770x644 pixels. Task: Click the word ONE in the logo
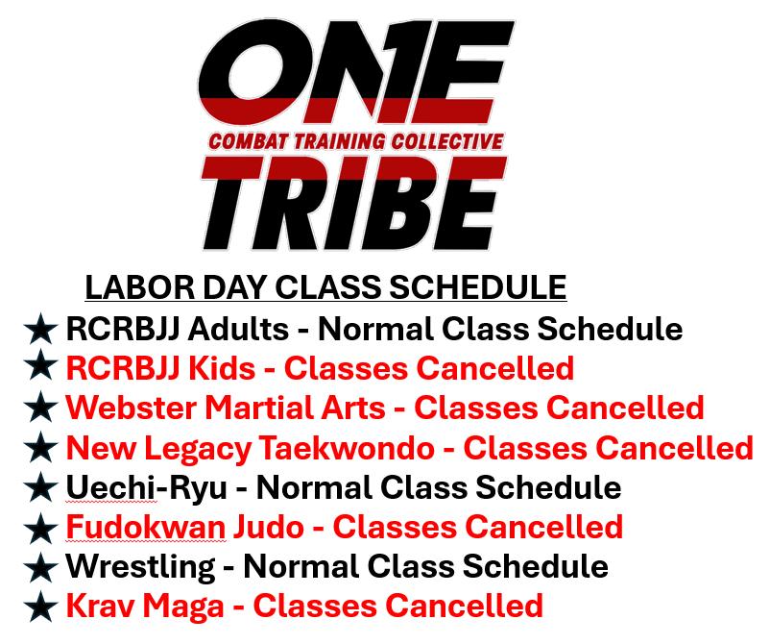[356, 73]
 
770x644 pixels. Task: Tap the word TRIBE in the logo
[353, 204]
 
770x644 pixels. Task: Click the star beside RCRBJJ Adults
[40, 329]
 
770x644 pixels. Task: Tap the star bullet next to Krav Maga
[40, 607]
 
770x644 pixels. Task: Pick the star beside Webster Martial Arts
[40, 408]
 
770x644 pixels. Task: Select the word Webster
[131, 408]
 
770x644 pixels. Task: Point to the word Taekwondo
[347, 448]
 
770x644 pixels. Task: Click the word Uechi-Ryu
[146, 487]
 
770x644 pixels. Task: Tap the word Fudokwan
[145, 527]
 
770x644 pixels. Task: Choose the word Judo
[269, 527]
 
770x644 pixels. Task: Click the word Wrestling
[140, 567]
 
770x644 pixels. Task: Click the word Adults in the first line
[238, 329]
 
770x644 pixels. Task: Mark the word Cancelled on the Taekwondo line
[674, 448]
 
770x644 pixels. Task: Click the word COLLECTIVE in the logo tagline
[446, 141]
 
